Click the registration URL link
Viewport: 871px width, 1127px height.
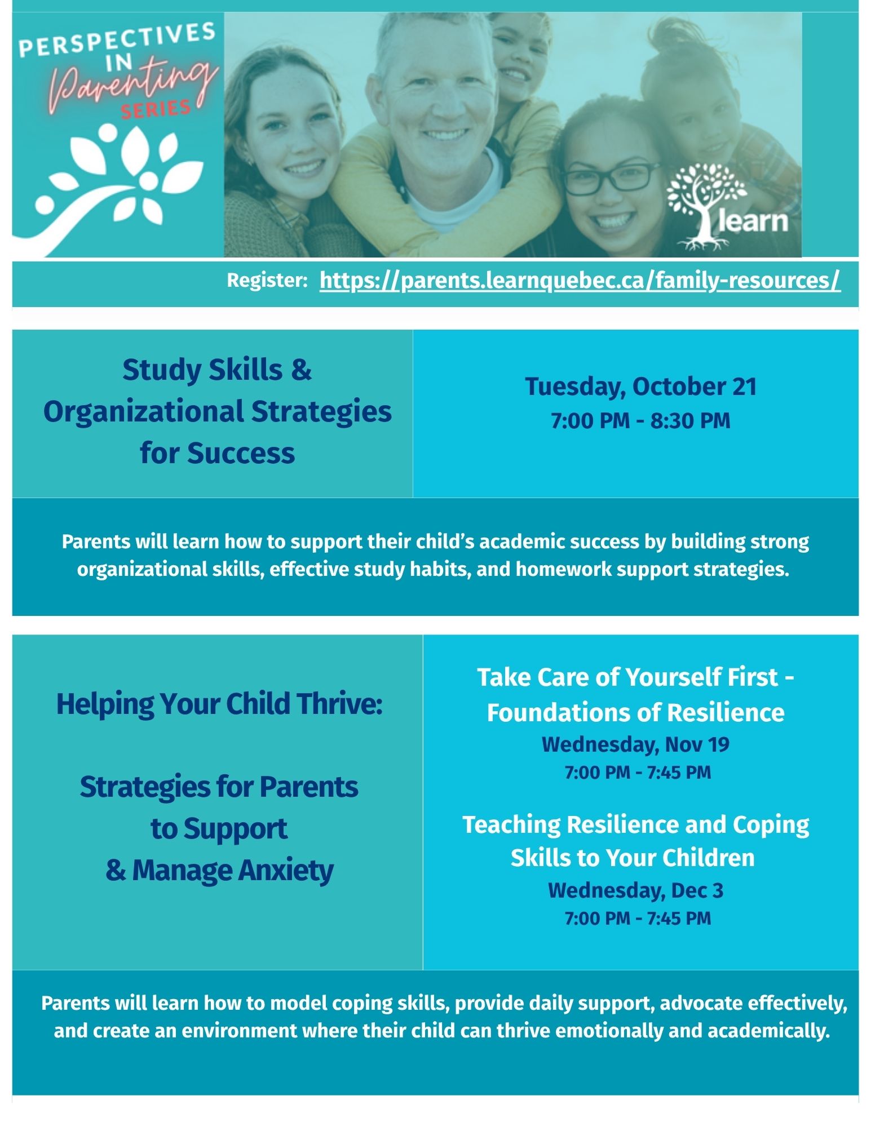coord(580,280)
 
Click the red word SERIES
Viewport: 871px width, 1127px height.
coord(156,109)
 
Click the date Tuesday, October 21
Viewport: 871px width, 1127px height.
coord(640,387)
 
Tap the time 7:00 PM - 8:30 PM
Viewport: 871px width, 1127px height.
coord(640,421)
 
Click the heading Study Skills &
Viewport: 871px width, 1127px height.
coord(217,370)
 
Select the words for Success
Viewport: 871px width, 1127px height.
coord(217,453)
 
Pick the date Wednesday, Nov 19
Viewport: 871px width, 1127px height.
coord(635,744)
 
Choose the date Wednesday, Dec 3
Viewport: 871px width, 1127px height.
coord(635,890)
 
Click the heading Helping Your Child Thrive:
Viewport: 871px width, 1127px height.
coord(219,704)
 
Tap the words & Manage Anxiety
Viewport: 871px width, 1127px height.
coord(219,870)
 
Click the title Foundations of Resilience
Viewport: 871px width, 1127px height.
coord(635,712)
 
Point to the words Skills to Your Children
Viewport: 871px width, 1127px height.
coord(633,858)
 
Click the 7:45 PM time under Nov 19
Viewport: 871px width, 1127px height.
coord(679,772)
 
